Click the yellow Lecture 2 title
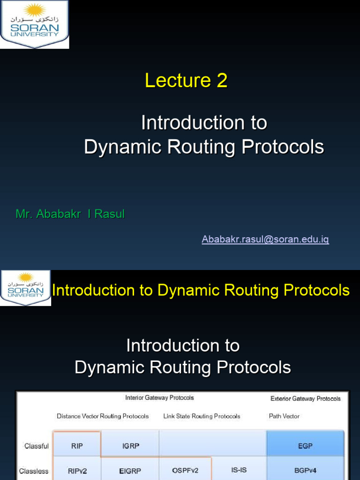click(186, 81)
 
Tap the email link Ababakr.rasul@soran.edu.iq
click(265, 240)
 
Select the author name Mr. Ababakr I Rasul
click(70, 214)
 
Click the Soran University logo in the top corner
click(34, 24)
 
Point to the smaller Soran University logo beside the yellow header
click(25, 288)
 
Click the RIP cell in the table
click(77, 446)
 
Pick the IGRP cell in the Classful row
click(129, 446)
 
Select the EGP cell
click(305, 446)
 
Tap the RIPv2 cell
click(77, 471)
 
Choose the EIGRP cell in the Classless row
click(129, 471)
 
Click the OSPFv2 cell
click(185, 470)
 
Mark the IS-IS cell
click(239, 470)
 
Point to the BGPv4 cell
click(305, 470)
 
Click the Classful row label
click(37, 446)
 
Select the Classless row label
click(34, 471)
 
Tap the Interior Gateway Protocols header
click(159, 398)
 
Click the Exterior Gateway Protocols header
click(306, 399)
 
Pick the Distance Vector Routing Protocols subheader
click(103, 416)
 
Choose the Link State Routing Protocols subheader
click(202, 416)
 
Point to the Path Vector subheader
click(284, 416)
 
